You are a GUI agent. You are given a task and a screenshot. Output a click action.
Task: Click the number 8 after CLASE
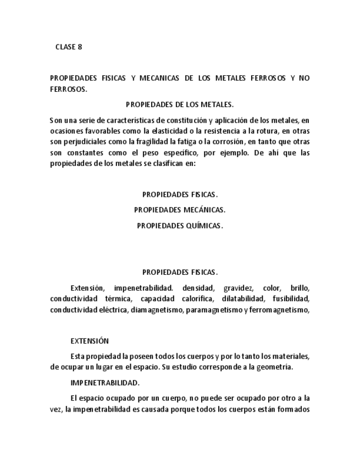tap(80, 47)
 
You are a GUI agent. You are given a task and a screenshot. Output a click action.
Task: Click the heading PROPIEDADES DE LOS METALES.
tap(180, 104)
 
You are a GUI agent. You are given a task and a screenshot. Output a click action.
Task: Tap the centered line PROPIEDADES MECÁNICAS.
tap(180, 209)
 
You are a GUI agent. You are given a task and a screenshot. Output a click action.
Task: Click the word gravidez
tap(239, 288)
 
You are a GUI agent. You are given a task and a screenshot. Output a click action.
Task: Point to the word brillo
tap(300, 288)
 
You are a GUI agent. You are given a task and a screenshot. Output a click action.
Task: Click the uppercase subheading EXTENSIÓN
tap(90, 341)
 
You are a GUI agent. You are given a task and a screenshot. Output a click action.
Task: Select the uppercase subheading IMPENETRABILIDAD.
tap(104, 382)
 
